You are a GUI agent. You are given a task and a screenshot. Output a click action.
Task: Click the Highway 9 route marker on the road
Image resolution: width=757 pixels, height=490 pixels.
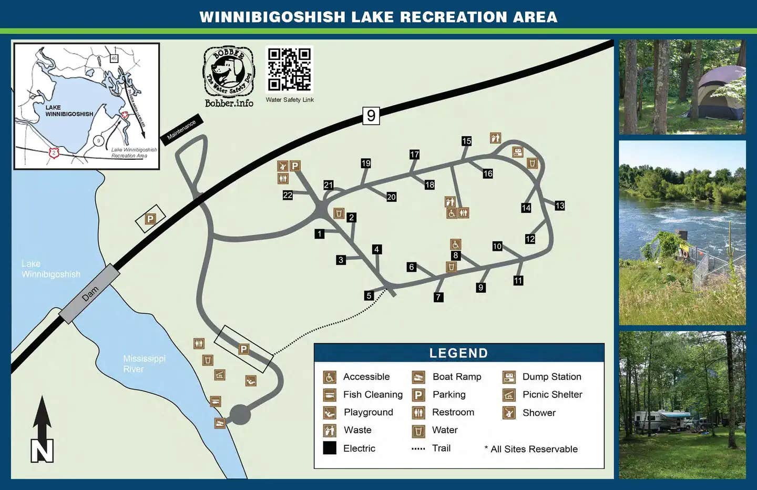pos(371,116)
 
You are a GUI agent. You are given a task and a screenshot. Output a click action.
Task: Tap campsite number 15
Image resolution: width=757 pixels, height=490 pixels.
pos(466,141)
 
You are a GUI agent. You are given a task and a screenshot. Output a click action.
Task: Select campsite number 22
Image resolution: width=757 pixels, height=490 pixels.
pos(288,195)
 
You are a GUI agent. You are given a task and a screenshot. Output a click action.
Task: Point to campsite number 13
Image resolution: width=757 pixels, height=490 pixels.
pos(560,206)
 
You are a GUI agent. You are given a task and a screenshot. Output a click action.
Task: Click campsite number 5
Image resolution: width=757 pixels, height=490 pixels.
pos(369,295)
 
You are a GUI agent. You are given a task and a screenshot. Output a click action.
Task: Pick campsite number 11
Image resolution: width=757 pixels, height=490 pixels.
pos(518,281)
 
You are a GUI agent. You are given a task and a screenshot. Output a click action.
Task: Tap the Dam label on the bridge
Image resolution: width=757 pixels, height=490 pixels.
pos(90,293)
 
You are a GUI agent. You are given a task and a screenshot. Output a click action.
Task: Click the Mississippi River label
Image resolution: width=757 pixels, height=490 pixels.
pos(144,364)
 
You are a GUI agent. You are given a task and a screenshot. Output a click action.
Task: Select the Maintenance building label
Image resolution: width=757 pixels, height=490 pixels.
pos(181,129)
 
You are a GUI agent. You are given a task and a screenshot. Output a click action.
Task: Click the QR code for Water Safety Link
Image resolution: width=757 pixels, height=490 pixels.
pos(289,69)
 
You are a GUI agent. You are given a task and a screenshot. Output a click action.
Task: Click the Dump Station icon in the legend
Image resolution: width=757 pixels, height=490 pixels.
pos(509,377)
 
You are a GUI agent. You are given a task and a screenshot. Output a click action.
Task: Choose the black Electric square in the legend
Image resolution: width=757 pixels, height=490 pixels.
pos(330,448)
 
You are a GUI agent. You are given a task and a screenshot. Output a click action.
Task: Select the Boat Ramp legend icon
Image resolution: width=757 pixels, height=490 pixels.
pos(418,377)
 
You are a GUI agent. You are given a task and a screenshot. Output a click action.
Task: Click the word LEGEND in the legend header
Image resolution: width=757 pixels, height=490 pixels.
pos(458,353)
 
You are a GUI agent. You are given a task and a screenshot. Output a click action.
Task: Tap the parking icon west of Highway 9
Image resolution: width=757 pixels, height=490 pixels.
pos(150,219)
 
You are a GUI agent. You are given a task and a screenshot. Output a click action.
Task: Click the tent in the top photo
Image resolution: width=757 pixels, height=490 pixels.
pos(720,95)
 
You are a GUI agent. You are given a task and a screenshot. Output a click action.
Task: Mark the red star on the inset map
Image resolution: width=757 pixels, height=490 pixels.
pos(125,115)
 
